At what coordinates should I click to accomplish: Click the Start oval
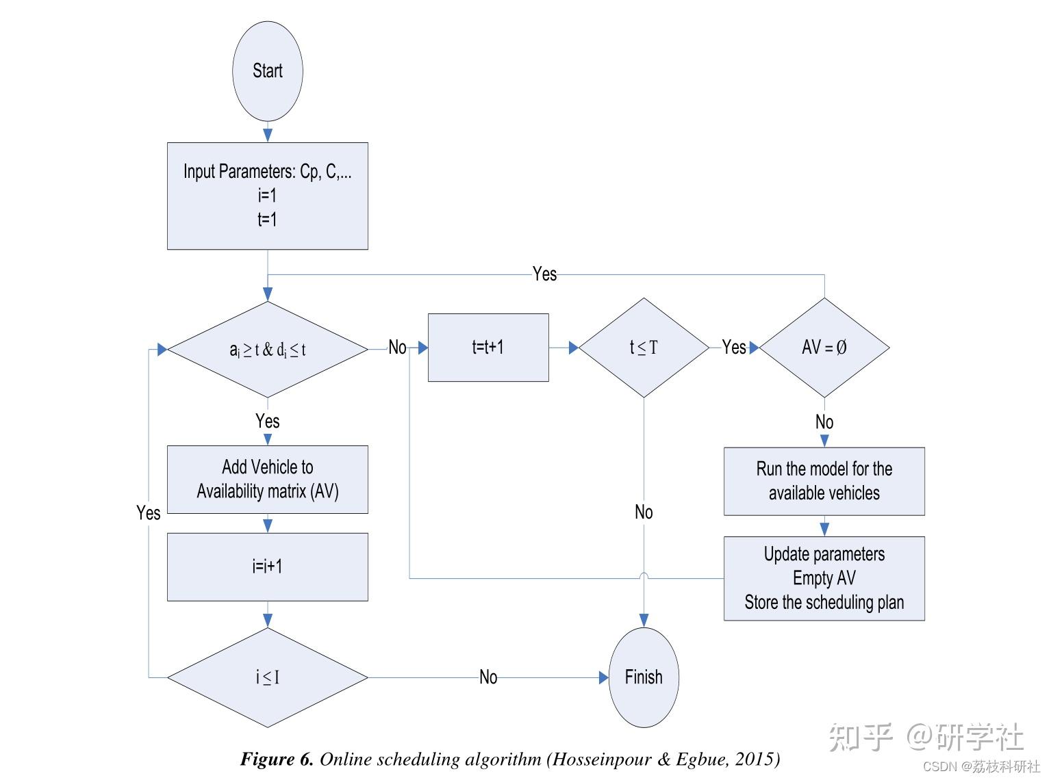click(267, 71)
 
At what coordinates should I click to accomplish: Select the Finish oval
click(644, 677)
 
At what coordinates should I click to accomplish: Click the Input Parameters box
click(267, 196)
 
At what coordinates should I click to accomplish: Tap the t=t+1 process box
click(488, 348)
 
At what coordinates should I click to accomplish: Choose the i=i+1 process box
click(267, 567)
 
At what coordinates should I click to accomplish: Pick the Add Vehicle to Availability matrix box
click(267, 480)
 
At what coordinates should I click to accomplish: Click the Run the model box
click(824, 481)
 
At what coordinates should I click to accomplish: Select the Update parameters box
click(824, 579)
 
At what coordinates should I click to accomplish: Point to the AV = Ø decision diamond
click(824, 348)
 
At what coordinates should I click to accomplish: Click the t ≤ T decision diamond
click(644, 348)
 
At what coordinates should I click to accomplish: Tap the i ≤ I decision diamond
click(267, 677)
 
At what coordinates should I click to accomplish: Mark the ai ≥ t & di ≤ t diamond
click(267, 350)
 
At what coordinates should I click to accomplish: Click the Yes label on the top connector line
click(544, 274)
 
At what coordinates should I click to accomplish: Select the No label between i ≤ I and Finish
click(487, 677)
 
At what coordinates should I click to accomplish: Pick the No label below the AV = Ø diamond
click(824, 422)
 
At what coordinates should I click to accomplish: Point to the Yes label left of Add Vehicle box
click(148, 513)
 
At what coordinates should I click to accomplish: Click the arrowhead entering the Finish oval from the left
click(603, 677)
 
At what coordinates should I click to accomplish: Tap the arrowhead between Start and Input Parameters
click(267, 135)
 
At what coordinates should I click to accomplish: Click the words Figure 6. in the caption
click(277, 759)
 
